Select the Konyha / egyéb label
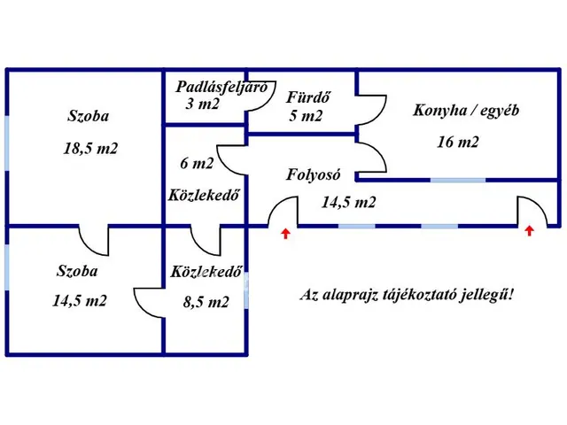[466, 111]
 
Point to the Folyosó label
[315, 174]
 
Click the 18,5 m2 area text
[90, 148]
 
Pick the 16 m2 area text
[458, 142]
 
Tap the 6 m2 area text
[197, 163]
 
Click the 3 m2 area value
[203, 103]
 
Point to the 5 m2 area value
[305, 115]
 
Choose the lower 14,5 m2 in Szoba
[80, 300]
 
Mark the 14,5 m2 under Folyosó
[348, 202]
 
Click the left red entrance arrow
[284, 234]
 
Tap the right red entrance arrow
[530, 232]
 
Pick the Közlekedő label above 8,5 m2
[206, 272]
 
